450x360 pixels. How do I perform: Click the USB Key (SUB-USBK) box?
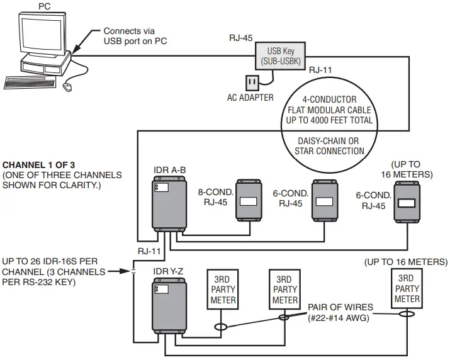coord(279,55)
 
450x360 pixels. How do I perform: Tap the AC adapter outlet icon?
coord(252,83)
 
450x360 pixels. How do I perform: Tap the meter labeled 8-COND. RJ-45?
coord(249,202)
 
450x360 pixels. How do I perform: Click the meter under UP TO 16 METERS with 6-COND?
coord(407,203)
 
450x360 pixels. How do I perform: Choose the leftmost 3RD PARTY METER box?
coord(222,290)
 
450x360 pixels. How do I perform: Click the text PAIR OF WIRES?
coord(340,307)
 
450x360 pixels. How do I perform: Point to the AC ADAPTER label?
coord(250,98)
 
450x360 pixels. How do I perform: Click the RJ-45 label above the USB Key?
coord(241,38)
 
